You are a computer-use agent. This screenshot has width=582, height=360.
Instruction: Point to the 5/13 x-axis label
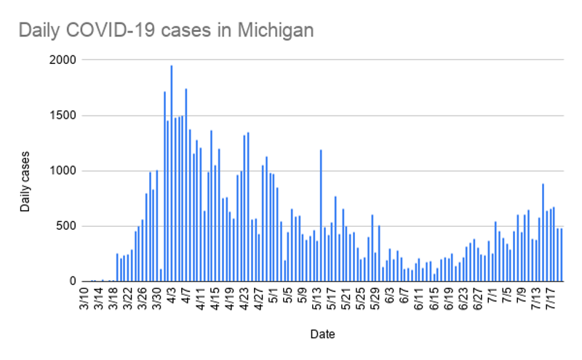(x=317, y=301)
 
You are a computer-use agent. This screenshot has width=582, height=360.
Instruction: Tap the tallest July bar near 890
(x=543, y=232)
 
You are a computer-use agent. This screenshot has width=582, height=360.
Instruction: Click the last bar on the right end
(x=562, y=255)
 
